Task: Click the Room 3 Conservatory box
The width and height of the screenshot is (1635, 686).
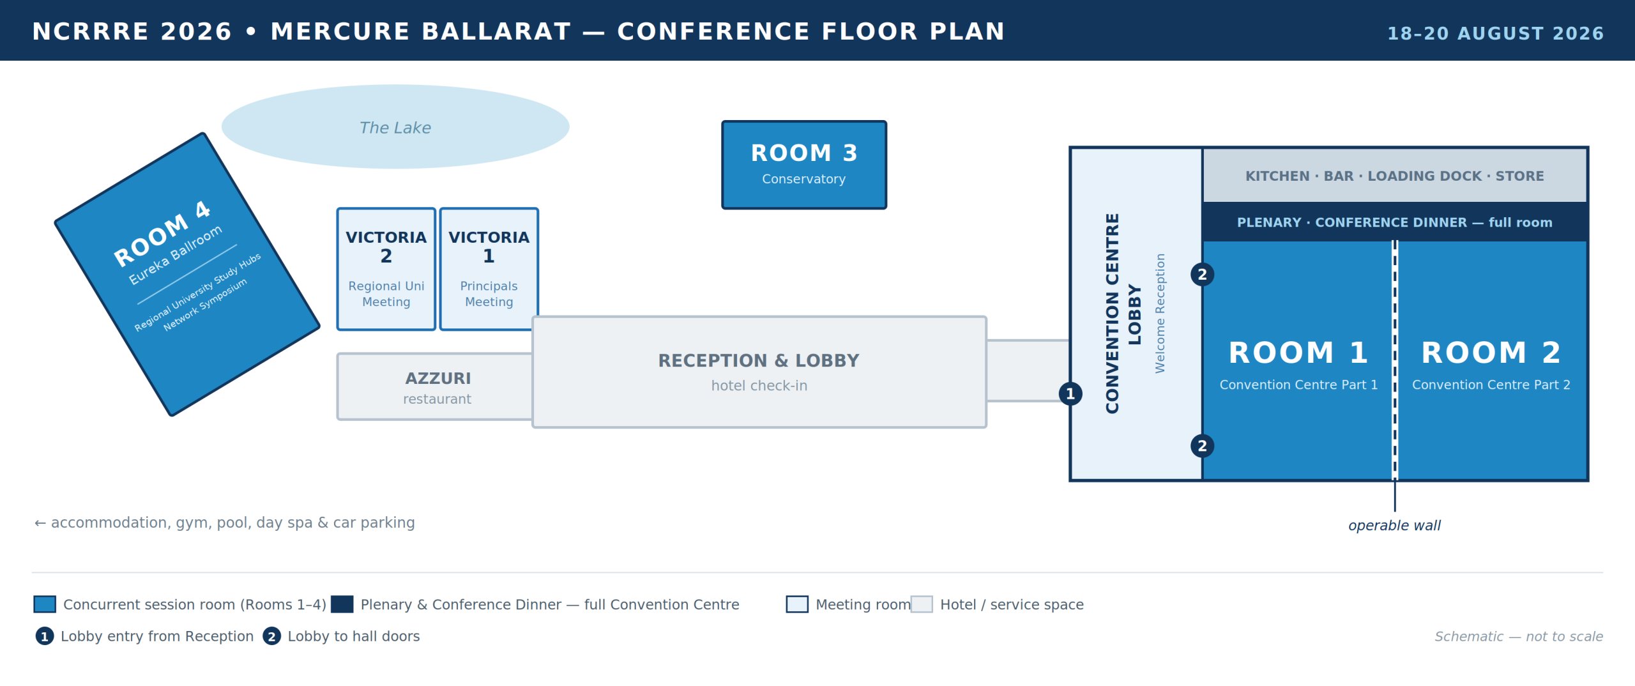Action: (x=804, y=165)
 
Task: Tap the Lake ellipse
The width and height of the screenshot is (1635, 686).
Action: (x=395, y=126)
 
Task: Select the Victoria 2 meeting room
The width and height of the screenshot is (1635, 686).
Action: (x=386, y=269)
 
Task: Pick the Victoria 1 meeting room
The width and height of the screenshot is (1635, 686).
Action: (x=489, y=269)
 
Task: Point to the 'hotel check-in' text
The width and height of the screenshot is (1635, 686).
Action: (x=759, y=386)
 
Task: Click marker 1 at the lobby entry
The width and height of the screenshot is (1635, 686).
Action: (x=1070, y=393)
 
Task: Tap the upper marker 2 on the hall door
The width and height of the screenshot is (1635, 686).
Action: (x=1203, y=275)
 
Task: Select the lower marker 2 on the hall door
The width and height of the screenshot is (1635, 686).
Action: (x=1203, y=446)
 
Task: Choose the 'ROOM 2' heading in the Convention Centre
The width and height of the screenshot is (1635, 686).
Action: (x=1491, y=353)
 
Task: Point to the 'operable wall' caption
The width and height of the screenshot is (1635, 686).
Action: (x=1394, y=526)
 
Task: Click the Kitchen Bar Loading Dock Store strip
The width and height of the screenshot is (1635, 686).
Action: (x=1395, y=176)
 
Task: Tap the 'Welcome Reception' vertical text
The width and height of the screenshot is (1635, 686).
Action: (x=1160, y=314)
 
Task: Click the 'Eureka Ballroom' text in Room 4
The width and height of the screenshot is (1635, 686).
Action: (x=175, y=254)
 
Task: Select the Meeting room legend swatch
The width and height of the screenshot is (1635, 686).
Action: (x=797, y=604)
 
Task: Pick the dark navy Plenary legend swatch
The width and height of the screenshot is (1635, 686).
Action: (x=342, y=604)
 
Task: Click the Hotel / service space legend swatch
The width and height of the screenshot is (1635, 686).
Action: (x=922, y=604)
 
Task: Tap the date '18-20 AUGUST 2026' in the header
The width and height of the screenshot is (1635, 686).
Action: (x=1496, y=33)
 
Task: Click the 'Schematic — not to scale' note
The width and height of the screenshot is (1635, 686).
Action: (x=1519, y=637)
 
